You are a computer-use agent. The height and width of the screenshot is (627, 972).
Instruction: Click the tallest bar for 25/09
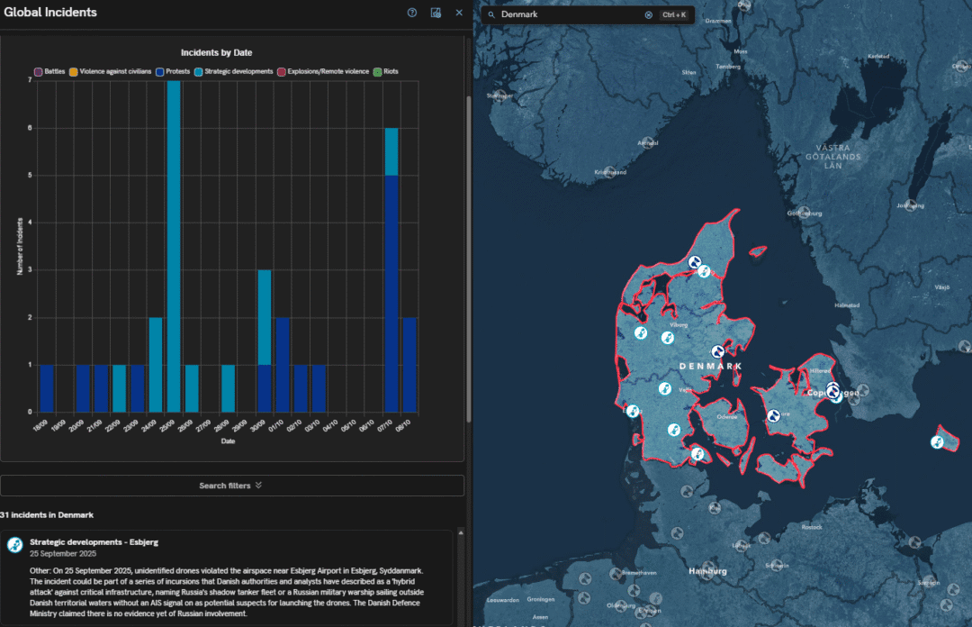(x=174, y=245)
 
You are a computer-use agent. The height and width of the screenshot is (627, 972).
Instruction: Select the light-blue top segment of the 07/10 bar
(x=391, y=151)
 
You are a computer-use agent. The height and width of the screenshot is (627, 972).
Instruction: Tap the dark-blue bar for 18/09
(x=47, y=387)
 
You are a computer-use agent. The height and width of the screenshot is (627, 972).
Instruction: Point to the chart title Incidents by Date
(x=216, y=53)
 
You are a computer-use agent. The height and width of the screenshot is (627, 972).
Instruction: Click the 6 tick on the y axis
(x=31, y=128)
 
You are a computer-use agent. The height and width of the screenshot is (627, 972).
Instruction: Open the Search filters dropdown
(x=231, y=486)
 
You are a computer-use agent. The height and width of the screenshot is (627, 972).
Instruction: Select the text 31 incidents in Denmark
(x=47, y=515)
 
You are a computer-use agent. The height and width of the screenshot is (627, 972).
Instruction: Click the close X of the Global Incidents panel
(x=459, y=13)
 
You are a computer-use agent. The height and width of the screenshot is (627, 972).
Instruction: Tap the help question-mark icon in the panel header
(x=412, y=13)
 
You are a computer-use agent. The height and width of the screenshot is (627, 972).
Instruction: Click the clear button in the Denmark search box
(x=648, y=15)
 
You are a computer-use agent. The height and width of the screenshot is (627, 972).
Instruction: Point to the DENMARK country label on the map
(x=711, y=367)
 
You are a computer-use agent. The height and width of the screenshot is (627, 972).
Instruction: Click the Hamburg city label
(x=707, y=571)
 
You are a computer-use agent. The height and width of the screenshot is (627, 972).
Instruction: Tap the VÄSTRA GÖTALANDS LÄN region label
(x=838, y=156)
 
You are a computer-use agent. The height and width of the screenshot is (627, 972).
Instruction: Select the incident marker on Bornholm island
(x=937, y=441)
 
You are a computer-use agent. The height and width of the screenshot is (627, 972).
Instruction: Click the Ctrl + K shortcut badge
(x=674, y=15)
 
